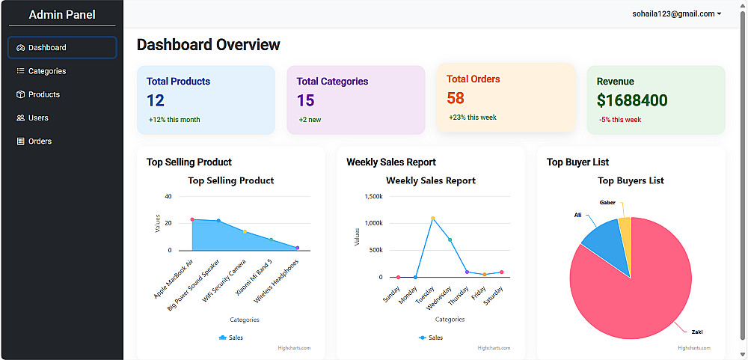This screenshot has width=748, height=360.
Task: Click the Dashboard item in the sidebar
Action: pyautogui.click(x=62, y=48)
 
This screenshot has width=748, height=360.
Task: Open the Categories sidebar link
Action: pyautogui.click(x=46, y=71)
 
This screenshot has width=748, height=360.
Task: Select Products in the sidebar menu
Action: pyautogui.click(x=43, y=94)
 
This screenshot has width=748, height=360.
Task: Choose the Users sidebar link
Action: pyautogui.click(x=38, y=118)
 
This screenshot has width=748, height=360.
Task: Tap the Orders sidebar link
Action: pyautogui.click(x=40, y=141)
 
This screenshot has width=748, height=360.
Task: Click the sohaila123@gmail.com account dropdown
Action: pyautogui.click(x=676, y=13)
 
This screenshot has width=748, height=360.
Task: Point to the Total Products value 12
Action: pyautogui.click(x=156, y=100)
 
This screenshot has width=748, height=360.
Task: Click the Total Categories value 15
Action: pyautogui.click(x=305, y=100)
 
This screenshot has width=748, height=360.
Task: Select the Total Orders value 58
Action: pyautogui.click(x=456, y=98)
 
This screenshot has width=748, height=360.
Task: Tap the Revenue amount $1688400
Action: pyautogui.click(x=632, y=100)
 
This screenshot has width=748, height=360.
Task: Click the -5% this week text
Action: pyautogui.click(x=620, y=120)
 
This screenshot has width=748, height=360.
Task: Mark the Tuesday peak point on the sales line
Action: pyautogui.click(x=432, y=219)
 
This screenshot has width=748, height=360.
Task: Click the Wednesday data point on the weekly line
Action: pyautogui.click(x=450, y=240)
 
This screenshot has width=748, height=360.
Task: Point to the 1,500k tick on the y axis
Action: pyautogui.click(x=373, y=196)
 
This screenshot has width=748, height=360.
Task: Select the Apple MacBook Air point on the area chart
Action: pyautogui.click(x=192, y=219)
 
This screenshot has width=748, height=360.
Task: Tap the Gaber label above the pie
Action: pyautogui.click(x=607, y=202)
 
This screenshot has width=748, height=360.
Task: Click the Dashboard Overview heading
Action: pyautogui.click(x=208, y=45)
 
